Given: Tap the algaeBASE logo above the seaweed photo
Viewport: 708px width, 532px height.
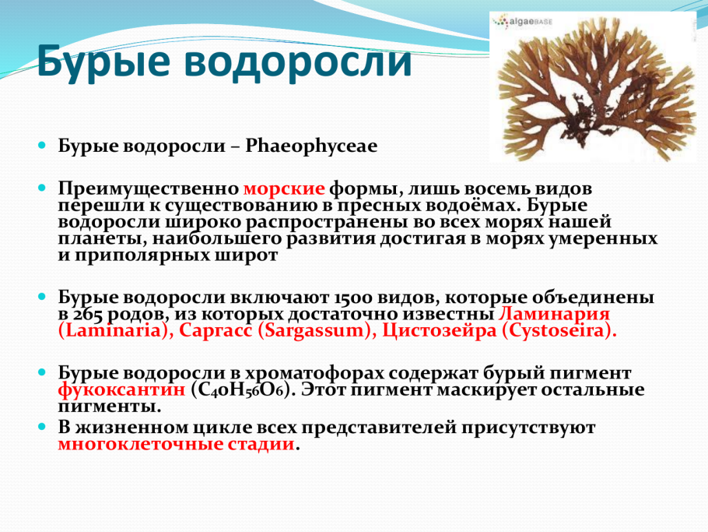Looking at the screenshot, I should coord(522,23).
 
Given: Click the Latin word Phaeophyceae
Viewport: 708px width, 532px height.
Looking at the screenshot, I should coord(311,146).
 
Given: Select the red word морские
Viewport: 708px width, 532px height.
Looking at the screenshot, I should coord(284,188).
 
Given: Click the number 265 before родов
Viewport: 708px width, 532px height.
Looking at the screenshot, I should coord(94,314).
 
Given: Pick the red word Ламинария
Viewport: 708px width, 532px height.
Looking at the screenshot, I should coord(553,314).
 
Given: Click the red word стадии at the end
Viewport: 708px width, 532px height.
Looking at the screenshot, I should coord(261,445).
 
